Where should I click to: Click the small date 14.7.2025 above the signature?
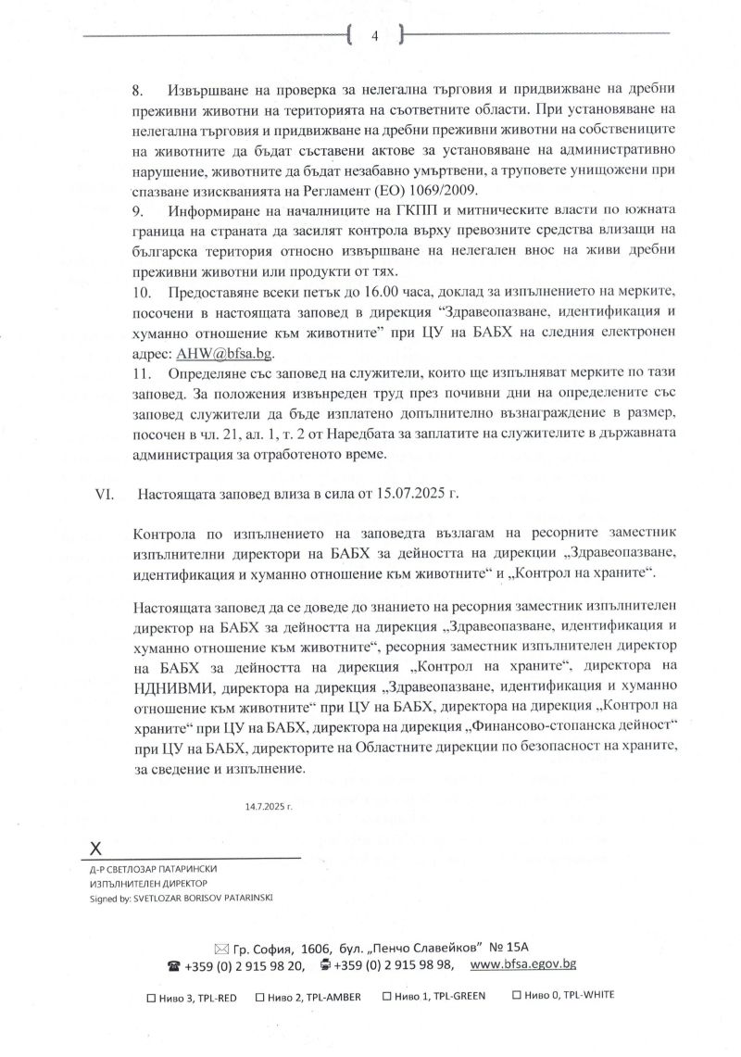pyautogui.click(x=269, y=807)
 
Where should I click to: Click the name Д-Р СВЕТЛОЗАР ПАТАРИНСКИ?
pyautogui.click(x=152, y=871)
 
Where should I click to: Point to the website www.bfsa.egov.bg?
pyautogui.click(x=523, y=964)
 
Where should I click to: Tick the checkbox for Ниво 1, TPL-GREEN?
pyautogui.click(x=386, y=997)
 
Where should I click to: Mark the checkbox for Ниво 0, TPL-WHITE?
pyautogui.click(x=517, y=997)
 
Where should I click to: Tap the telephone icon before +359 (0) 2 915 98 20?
pyautogui.click(x=172, y=964)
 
